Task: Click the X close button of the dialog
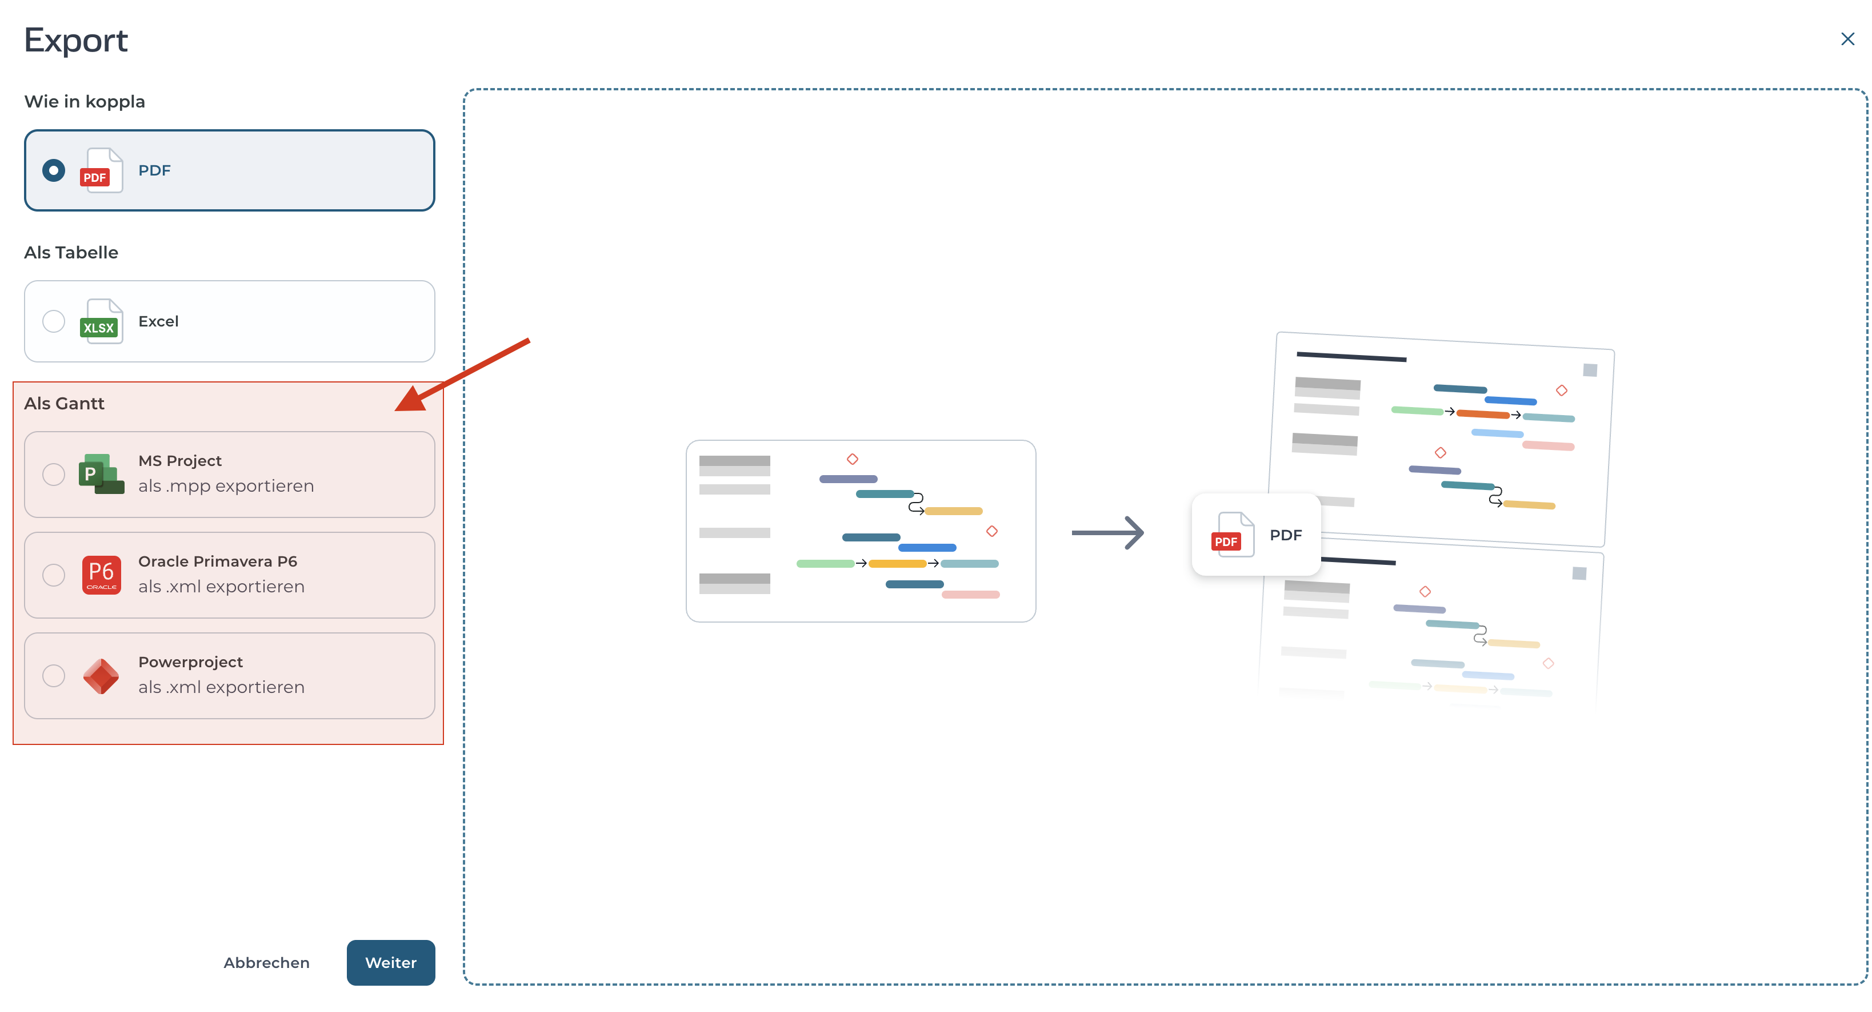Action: (x=1847, y=39)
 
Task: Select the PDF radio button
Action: (x=54, y=171)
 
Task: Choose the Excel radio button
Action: (x=54, y=321)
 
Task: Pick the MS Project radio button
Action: (x=54, y=475)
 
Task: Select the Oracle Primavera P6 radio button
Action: (x=54, y=575)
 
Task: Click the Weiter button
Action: (x=391, y=963)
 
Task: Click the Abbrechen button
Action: (x=267, y=963)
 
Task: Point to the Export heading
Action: (x=77, y=41)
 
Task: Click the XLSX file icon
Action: (x=101, y=321)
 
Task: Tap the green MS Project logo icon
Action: (x=101, y=474)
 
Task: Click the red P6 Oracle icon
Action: (x=102, y=575)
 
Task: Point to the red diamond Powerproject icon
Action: (x=101, y=676)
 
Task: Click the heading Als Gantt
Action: (x=64, y=404)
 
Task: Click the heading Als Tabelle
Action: (x=71, y=252)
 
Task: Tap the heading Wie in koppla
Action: (x=85, y=102)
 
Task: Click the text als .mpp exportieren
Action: (x=226, y=487)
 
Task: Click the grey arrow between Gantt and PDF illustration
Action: (x=1107, y=533)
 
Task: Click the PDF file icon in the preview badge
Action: (x=1233, y=535)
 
